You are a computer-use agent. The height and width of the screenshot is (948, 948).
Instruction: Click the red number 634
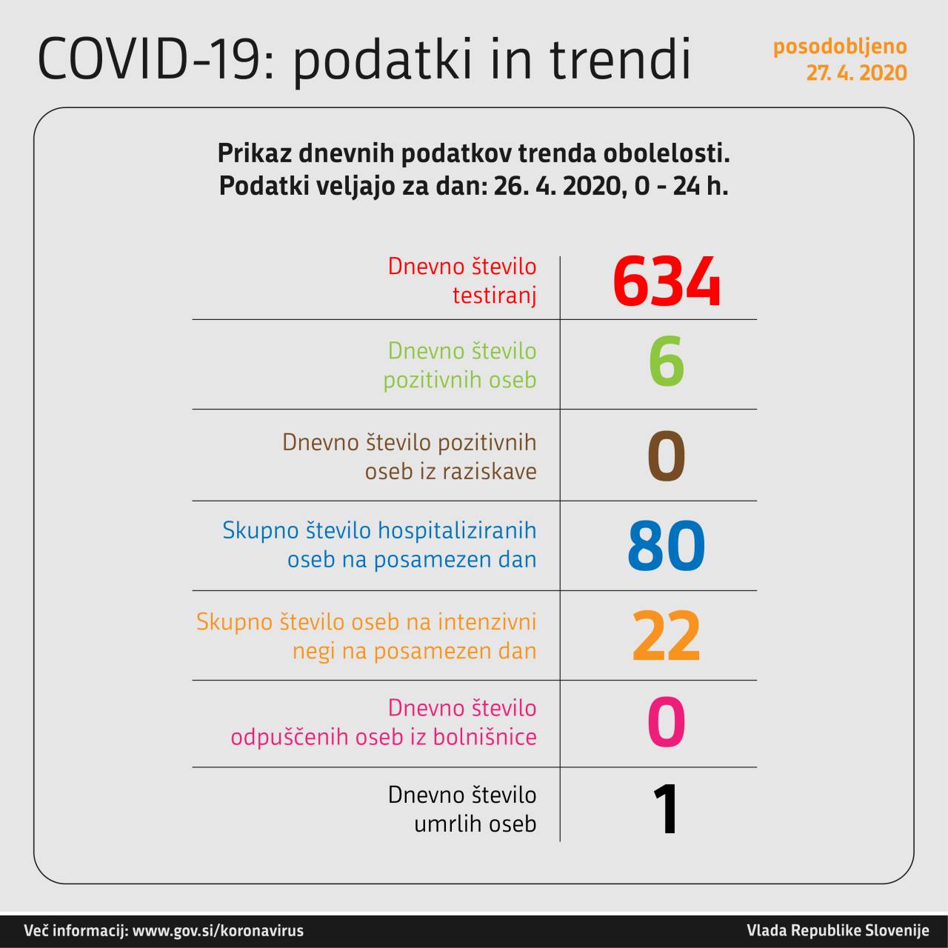click(x=666, y=281)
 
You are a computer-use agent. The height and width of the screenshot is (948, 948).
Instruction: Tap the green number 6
click(x=666, y=362)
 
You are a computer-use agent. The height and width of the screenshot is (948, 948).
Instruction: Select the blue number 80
click(x=666, y=546)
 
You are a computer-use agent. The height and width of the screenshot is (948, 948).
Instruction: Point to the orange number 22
click(x=666, y=636)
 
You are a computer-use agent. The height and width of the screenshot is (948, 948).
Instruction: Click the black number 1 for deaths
click(x=667, y=809)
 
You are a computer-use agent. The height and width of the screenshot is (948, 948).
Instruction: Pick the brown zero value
click(x=666, y=456)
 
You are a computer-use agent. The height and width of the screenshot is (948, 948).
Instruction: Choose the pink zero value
click(x=666, y=723)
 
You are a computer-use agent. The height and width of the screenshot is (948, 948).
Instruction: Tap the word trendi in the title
click(x=620, y=59)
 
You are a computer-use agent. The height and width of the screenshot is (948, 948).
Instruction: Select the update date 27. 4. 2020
click(x=856, y=73)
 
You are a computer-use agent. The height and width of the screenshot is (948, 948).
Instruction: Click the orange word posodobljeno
click(x=840, y=47)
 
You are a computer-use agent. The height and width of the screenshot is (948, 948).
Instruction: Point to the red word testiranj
click(x=494, y=296)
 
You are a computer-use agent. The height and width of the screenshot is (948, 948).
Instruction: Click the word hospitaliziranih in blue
click(x=457, y=530)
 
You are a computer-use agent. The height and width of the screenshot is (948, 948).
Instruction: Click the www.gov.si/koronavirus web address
click(x=218, y=931)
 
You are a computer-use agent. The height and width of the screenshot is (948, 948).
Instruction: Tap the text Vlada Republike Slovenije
click(x=838, y=931)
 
